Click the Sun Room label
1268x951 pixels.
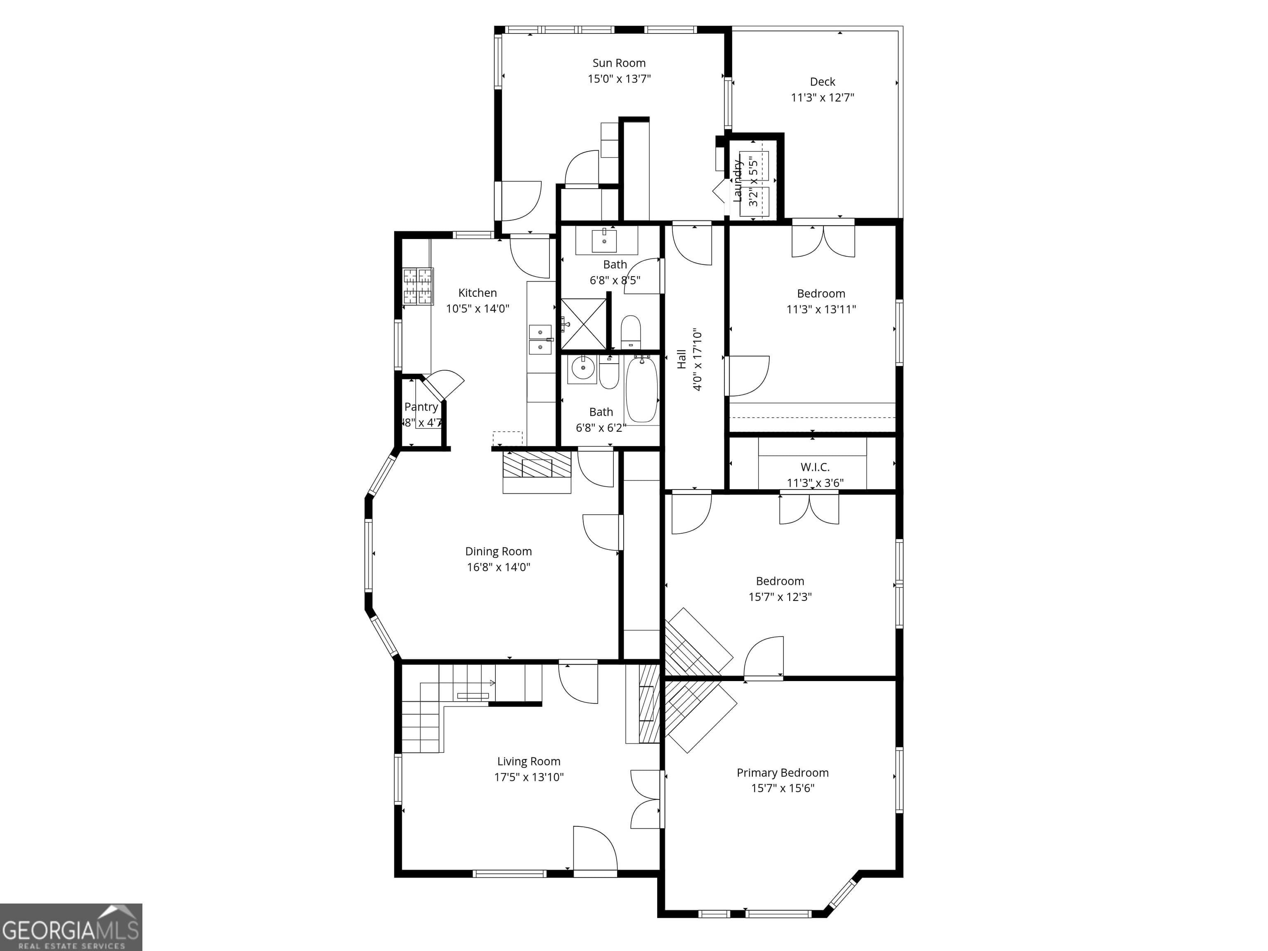pos(619,63)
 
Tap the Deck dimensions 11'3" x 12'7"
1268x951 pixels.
pos(822,97)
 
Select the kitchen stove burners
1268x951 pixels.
pos(418,286)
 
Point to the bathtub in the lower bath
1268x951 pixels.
pos(641,390)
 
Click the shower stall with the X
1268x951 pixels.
pos(583,324)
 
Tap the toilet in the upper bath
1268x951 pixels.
pos(631,332)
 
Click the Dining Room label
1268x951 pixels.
pos(498,551)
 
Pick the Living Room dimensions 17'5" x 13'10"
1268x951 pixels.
pos(528,777)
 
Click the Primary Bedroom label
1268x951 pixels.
pos(783,773)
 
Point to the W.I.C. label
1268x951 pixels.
pos(814,467)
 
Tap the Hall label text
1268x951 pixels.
pos(681,360)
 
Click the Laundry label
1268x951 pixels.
pos(738,180)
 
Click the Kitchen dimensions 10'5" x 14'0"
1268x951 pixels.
pos(478,308)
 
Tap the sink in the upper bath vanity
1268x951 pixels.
pos(604,240)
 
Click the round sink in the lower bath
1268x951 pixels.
pos(582,369)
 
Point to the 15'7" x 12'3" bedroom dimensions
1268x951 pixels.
pos(780,597)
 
